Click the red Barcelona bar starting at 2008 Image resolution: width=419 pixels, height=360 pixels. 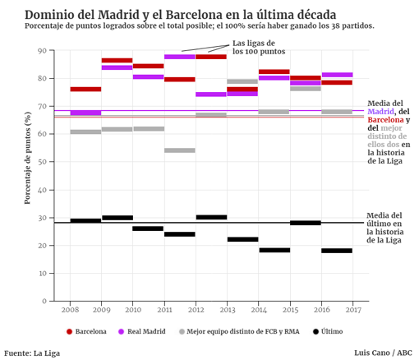[85, 89]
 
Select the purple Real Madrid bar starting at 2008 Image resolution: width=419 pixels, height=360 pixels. [85, 113]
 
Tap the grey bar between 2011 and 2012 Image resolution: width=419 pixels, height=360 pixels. [180, 150]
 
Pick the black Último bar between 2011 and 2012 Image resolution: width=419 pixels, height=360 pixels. [180, 234]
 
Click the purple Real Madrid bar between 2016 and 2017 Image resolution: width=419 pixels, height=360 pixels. [337, 75]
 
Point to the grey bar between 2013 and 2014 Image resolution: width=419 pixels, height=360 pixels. [242, 81]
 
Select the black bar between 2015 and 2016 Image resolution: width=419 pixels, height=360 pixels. [306, 223]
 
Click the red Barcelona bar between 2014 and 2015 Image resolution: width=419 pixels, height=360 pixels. [274, 72]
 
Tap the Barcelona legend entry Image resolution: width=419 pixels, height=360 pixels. [86, 331]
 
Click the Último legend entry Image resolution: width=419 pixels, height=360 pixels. [328, 331]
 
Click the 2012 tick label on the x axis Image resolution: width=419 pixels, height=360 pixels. [196, 310]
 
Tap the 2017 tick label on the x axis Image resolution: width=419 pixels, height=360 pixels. [352, 310]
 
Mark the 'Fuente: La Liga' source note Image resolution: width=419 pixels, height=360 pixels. [32, 353]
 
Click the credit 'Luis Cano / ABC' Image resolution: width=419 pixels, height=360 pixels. [383, 353]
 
